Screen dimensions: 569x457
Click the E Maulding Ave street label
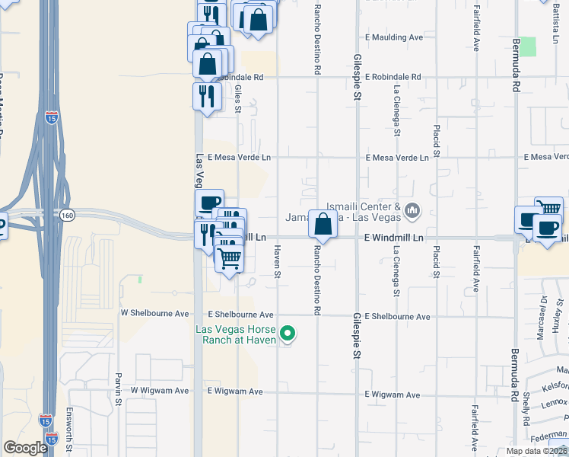(393, 37)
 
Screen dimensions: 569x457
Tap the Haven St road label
(278, 260)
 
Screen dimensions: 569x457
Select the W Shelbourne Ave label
(154, 313)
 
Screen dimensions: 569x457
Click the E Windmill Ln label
(393, 238)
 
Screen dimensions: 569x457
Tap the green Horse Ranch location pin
(288, 333)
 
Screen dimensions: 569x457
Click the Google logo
(25, 448)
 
